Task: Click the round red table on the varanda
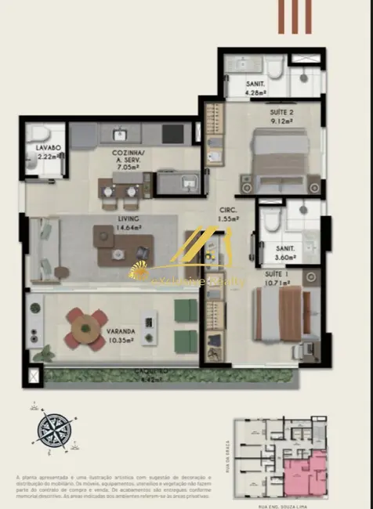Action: [x=86, y=329]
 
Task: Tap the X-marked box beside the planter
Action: [x=33, y=377]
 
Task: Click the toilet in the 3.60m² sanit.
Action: [x=271, y=222]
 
